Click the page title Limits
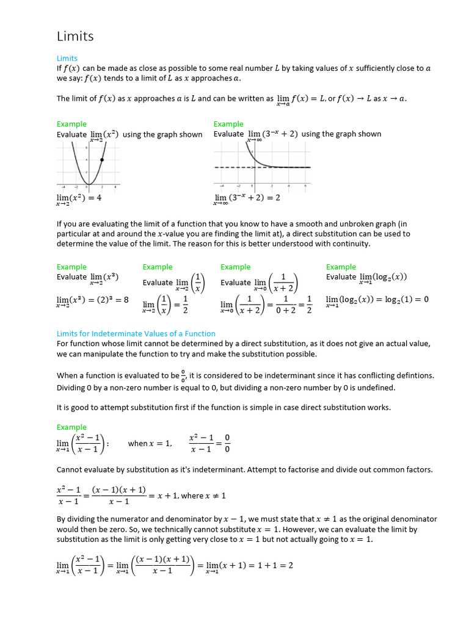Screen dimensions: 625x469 tap(75, 36)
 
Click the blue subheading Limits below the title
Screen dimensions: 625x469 tap(67, 59)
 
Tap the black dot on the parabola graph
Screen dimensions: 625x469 tap(101, 160)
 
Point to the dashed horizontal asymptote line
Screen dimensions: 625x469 tap(263, 167)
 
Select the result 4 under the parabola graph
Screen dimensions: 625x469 tap(99, 198)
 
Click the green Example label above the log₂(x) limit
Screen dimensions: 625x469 tap(341, 267)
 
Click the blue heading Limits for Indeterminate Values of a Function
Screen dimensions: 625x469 tap(136, 334)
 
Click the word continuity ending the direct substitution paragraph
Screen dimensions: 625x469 tap(349, 244)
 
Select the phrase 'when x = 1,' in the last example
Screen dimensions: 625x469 tap(150, 444)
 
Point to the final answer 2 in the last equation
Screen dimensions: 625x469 tap(291, 565)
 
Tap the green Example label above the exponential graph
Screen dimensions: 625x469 tap(228, 124)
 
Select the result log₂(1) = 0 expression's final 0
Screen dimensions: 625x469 tap(426, 300)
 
